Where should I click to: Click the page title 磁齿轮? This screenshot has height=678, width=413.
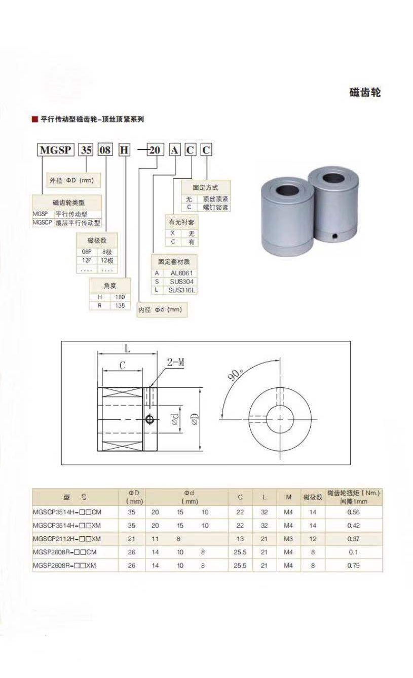pyautogui.click(x=365, y=92)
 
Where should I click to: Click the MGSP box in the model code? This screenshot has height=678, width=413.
pyautogui.click(x=55, y=150)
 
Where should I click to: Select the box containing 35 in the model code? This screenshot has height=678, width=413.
pyautogui.click(x=86, y=150)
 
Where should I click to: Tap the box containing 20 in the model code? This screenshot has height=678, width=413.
pyautogui.click(x=155, y=150)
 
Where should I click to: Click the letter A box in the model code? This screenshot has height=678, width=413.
pyautogui.click(x=174, y=150)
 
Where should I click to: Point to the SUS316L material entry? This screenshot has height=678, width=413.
pyautogui.click(x=182, y=290)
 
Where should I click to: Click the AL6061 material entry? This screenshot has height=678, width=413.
pyautogui.click(x=181, y=273)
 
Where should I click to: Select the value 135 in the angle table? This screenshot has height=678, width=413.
pyautogui.click(x=120, y=305)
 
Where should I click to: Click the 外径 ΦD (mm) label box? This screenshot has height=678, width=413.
pyautogui.click(x=73, y=180)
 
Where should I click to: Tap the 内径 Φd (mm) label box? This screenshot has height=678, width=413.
pyautogui.click(x=162, y=310)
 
